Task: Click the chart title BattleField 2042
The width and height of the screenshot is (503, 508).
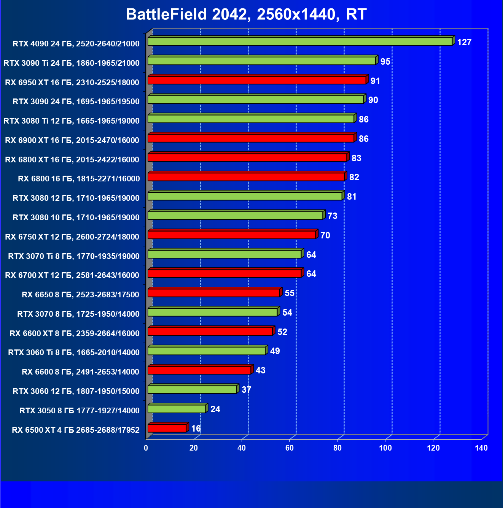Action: pos(246,14)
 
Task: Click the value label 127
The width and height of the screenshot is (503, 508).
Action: pos(464,42)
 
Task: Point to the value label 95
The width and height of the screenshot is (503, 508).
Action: pos(385,62)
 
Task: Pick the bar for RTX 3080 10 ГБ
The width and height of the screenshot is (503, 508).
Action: pos(236,216)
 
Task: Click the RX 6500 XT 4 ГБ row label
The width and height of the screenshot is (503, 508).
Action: pos(76,430)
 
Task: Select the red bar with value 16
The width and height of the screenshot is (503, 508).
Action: pos(167,429)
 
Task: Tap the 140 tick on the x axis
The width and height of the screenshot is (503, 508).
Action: pos(481,448)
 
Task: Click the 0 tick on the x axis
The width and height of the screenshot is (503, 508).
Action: pos(146,448)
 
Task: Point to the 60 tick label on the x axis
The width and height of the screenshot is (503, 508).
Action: pos(290,448)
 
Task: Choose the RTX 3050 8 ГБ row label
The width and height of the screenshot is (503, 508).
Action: pos(80,411)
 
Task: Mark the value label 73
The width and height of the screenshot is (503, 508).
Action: pos(332,216)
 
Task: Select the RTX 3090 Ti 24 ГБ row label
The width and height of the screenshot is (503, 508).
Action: pos(72,63)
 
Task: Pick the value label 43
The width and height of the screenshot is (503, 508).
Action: pos(260,370)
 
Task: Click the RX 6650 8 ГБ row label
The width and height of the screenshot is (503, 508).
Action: pos(80,295)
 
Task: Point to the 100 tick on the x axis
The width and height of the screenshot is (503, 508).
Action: pos(385,448)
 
